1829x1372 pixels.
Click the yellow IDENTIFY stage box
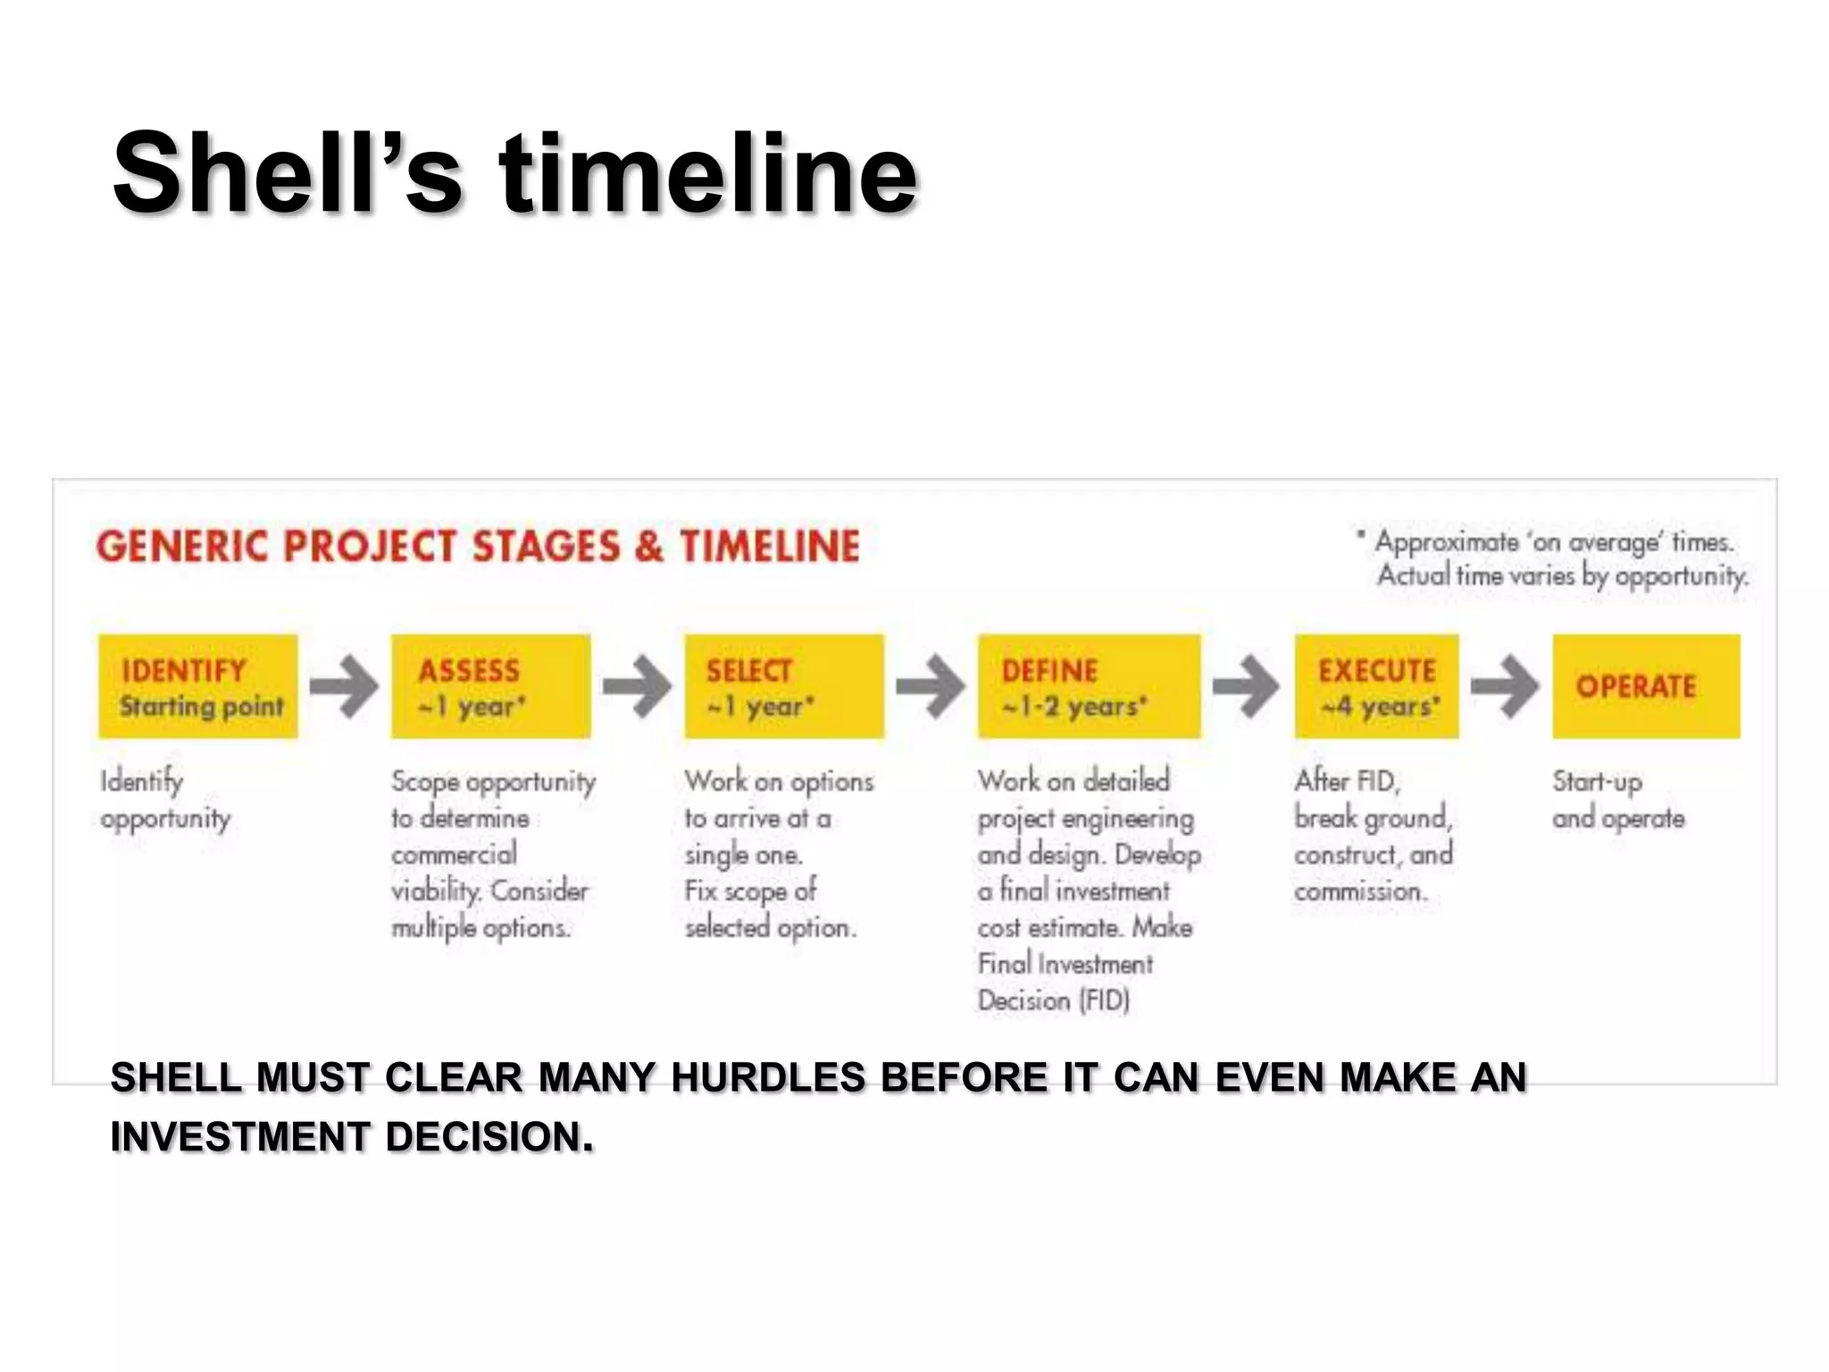(197, 686)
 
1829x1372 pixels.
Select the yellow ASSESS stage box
(490, 686)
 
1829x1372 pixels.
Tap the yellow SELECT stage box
(784, 686)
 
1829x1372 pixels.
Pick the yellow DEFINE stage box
(1089, 686)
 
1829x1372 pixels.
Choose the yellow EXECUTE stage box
(1376, 686)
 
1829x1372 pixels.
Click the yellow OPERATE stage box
(1646, 686)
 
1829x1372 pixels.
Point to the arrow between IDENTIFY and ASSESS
(345, 686)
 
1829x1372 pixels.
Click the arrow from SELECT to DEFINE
(931, 686)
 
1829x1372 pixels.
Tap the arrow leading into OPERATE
(1506, 686)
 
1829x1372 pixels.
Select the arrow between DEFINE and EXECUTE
(1247, 686)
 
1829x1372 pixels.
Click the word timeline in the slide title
(707, 173)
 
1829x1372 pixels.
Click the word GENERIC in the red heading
(182, 547)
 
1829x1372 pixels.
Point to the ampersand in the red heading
(649, 547)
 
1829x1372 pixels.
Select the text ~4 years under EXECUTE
(1381, 707)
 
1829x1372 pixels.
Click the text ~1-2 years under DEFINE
(1073, 707)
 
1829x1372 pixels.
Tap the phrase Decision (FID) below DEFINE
(1054, 1000)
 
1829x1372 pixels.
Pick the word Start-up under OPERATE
(1597, 782)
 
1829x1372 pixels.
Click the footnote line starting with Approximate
(1554, 542)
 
